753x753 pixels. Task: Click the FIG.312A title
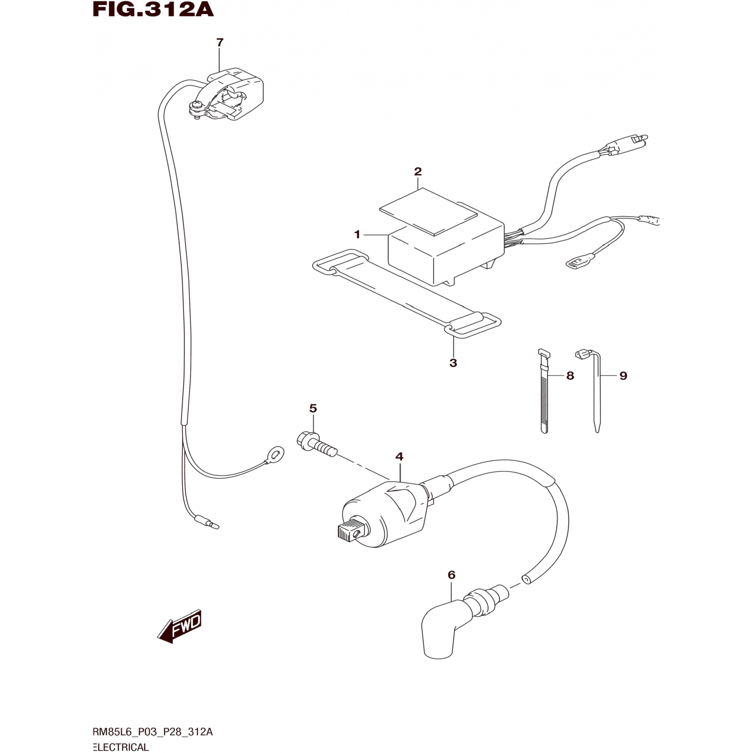tap(153, 9)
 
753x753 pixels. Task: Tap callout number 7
tap(219, 43)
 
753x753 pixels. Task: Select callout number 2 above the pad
tap(418, 172)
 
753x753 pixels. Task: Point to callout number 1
tap(357, 234)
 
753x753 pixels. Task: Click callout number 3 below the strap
tap(453, 363)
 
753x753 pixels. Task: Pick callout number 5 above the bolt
tap(313, 409)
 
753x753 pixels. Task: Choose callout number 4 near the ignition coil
tap(399, 457)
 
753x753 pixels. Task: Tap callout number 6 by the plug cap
tap(451, 575)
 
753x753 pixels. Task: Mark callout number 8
tap(570, 375)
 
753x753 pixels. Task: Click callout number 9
tap(623, 375)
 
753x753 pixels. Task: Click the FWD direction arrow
tap(180, 626)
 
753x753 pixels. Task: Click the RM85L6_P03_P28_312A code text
tap(153, 732)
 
